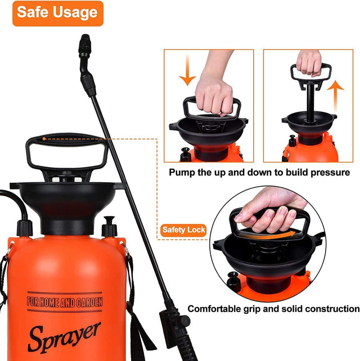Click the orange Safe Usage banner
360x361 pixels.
tap(57, 12)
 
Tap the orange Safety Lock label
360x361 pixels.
tap(183, 230)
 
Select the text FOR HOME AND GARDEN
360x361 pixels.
tap(65, 303)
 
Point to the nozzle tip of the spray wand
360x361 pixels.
tap(85, 41)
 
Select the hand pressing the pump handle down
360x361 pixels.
tap(214, 90)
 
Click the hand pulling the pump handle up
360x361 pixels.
tap(309, 62)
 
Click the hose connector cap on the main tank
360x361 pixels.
tap(24, 228)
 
